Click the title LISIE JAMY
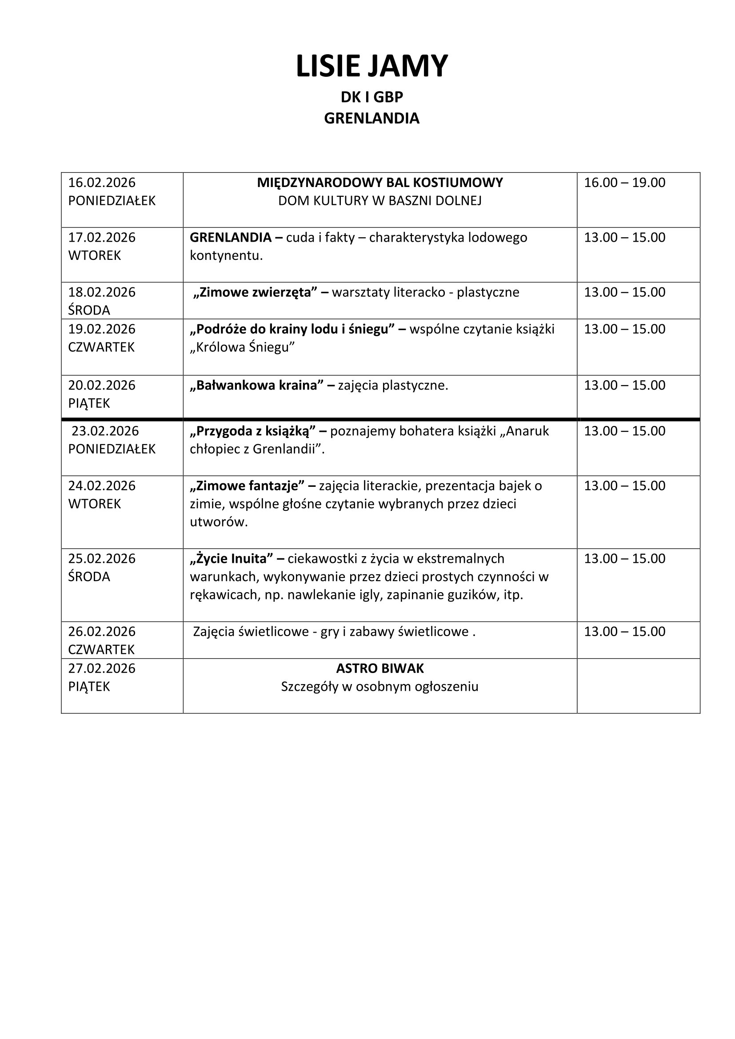(371, 67)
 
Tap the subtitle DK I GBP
(371, 97)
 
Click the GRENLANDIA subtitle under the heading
(371, 118)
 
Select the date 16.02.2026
(102, 183)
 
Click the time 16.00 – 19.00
(624, 183)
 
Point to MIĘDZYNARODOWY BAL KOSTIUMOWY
(379, 183)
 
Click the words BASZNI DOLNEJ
(435, 200)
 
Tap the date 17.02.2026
(102, 237)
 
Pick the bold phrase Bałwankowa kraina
(256, 385)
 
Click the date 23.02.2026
(105, 431)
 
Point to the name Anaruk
(527, 431)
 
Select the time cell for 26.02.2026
(624, 631)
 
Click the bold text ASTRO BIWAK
(379, 668)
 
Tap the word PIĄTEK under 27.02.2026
(89, 686)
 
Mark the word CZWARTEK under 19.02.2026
(101, 347)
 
